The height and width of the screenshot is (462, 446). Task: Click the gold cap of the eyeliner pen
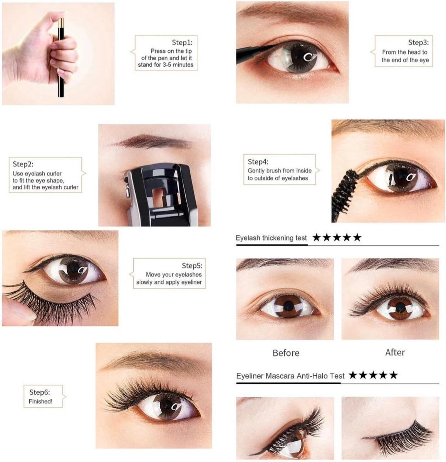[x=61, y=23]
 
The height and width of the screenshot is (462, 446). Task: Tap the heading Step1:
[x=182, y=42]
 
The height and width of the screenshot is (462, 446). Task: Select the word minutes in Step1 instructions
[x=183, y=65]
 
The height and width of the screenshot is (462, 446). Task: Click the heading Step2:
[x=23, y=164]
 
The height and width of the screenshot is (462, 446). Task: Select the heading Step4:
[x=258, y=162]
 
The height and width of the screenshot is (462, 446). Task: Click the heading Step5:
[x=192, y=266]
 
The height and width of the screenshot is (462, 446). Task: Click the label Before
[x=286, y=353]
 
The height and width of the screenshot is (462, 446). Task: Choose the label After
[x=395, y=353]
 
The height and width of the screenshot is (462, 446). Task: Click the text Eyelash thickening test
[x=271, y=238]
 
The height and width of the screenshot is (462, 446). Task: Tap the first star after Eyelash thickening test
[x=316, y=238]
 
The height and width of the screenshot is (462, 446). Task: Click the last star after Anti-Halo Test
[x=393, y=375]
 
